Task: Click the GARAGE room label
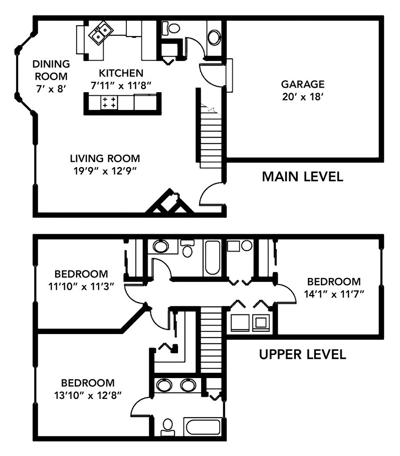tap(303, 84)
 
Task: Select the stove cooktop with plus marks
tap(109, 102)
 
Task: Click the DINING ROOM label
tap(51, 70)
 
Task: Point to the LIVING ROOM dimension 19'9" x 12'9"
tap(105, 171)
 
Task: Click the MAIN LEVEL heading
tap(303, 177)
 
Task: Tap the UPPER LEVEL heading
tap(303, 354)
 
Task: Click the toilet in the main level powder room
tap(171, 28)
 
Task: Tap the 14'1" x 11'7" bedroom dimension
tap(334, 294)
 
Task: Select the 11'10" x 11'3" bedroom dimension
tap(81, 287)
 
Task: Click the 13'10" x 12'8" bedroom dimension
tap(88, 395)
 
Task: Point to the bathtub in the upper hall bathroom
tap(212, 258)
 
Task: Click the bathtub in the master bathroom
tap(203, 428)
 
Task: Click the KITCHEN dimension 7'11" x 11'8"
tap(121, 85)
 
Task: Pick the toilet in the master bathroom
tap(168, 427)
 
